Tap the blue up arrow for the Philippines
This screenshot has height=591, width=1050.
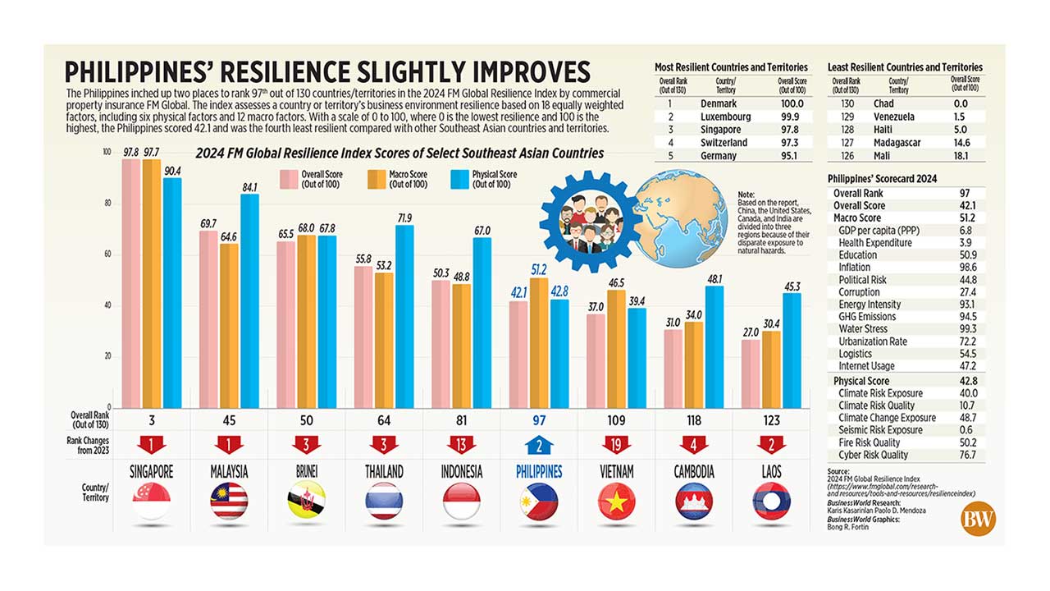click(x=539, y=445)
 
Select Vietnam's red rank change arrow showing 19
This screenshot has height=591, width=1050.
click(x=616, y=445)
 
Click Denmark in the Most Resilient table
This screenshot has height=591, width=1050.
click(x=719, y=104)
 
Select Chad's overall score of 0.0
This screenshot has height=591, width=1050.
click(x=961, y=104)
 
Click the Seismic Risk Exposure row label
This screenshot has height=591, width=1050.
click(x=879, y=430)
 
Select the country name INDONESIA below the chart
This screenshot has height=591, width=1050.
click(x=461, y=472)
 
